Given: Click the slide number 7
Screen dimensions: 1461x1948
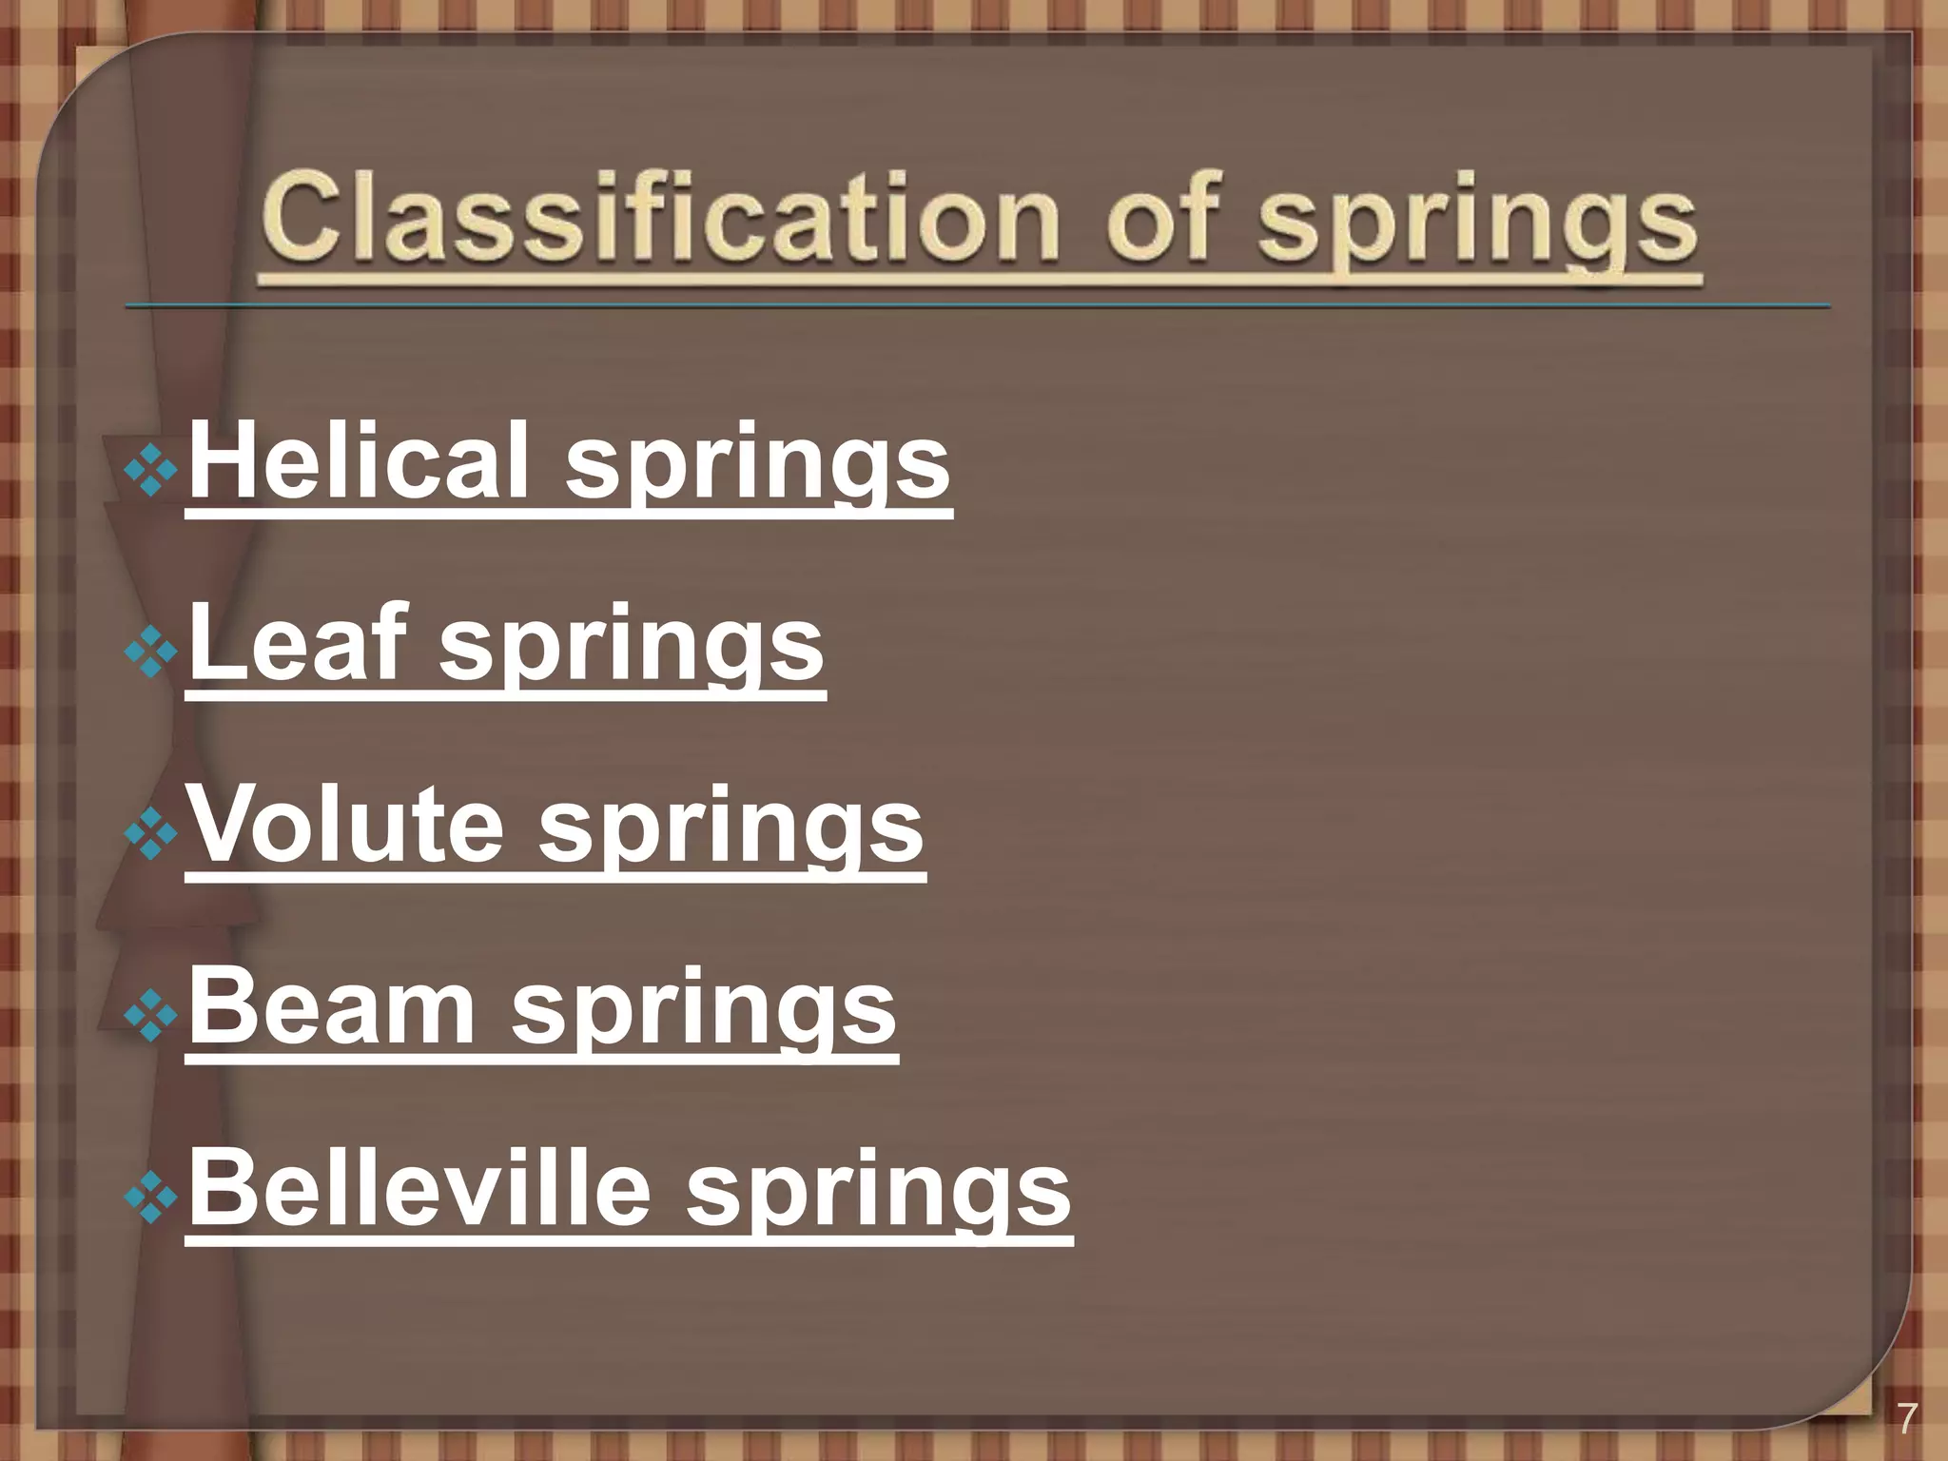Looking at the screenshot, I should pyautogui.click(x=1906, y=1421).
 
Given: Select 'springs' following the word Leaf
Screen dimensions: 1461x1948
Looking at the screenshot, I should pyautogui.click(x=632, y=649).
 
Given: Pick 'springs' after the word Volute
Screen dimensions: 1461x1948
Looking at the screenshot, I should pyautogui.click(x=731, y=830).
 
